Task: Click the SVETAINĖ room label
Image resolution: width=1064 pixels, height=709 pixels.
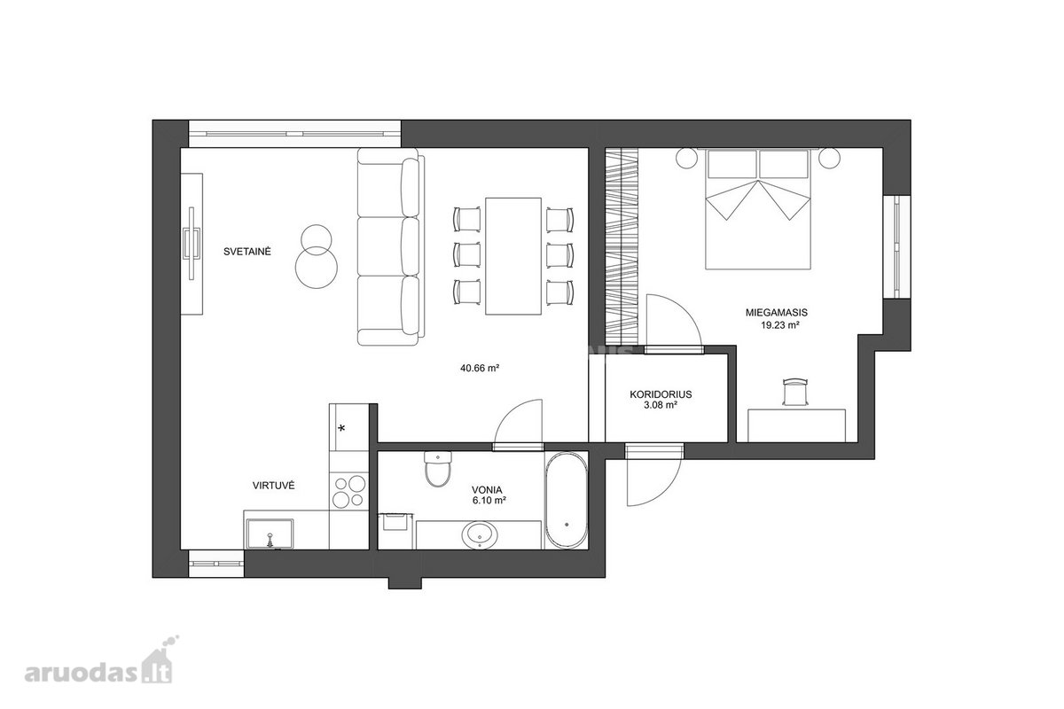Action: pyautogui.click(x=247, y=251)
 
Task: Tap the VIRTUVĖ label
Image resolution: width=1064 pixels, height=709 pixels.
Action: pyautogui.click(x=274, y=486)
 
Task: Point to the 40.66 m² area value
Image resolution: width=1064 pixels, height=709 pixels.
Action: pyautogui.click(x=480, y=368)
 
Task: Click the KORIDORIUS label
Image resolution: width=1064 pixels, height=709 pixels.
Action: pyautogui.click(x=661, y=394)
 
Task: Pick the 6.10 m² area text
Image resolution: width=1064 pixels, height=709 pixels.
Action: pyautogui.click(x=489, y=500)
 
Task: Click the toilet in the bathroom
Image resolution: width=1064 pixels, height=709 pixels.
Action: pyautogui.click(x=437, y=469)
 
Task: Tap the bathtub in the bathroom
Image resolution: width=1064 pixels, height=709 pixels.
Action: pyautogui.click(x=566, y=500)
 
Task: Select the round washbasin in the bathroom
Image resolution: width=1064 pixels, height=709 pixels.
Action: pyautogui.click(x=480, y=535)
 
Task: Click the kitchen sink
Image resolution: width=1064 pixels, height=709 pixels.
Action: pyautogui.click(x=270, y=534)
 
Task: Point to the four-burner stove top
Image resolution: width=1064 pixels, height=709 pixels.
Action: pyautogui.click(x=349, y=491)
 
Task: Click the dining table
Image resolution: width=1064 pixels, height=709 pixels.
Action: pyautogui.click(x=513, y=256)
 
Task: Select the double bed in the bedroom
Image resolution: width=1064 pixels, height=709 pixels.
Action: pyautogui.click(x=757, y=209)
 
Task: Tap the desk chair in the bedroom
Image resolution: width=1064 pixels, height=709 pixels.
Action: pyautogui.click(x=795, y=392)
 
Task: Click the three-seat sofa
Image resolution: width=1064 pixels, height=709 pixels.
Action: pyautogui.click(x=390, y=246)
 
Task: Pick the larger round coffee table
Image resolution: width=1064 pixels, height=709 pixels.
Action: pyautogui.click(x=317, y=268)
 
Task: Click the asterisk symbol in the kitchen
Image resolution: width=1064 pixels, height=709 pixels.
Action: pyautogui.click(x=341, y=428)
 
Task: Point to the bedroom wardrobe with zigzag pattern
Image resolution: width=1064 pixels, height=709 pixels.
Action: pyautogui.click(x=622, y=246)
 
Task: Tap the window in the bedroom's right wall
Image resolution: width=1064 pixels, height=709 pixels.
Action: pyautogui.click(x=896, y=246)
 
